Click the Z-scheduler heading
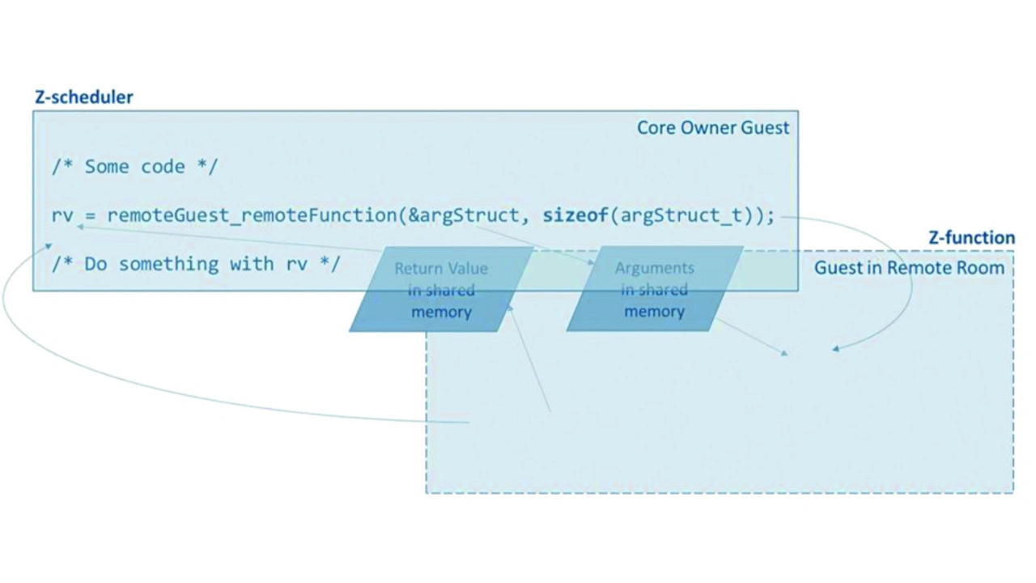pos(83,97)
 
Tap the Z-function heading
pos(970,237)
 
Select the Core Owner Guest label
pos(712,127)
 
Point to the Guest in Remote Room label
pos(908,268)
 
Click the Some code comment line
pos(135,167)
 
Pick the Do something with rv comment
pos(195,264)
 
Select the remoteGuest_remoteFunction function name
pos(251,215)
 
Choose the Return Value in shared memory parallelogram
pos(441,290)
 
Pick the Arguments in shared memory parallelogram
pos(654,289)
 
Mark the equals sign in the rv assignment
pos(90,215)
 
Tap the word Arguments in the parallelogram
pos(654,268)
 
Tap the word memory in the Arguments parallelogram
pos(654,311)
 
